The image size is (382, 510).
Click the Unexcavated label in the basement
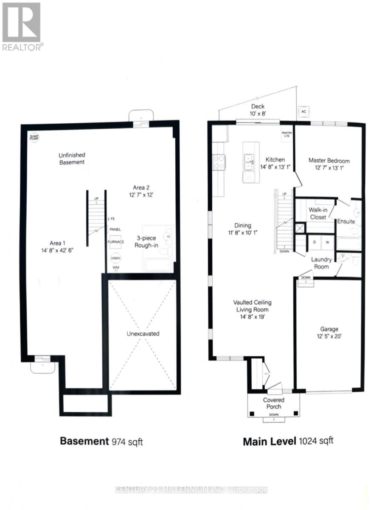pos(143,334)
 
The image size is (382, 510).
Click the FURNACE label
pos(115,242)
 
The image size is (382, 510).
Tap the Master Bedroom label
pos(329,161)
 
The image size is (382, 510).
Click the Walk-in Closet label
pos(317,214)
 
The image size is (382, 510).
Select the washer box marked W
pos(327,242)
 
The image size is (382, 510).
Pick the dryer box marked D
pos(314,242)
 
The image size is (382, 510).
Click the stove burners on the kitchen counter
pos(219,161)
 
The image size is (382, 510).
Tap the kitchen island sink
pos(248,160)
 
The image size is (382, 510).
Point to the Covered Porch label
pos(273,403)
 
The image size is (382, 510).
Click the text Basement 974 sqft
pos(101,441)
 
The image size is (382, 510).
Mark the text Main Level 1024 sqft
pos(288,441)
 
